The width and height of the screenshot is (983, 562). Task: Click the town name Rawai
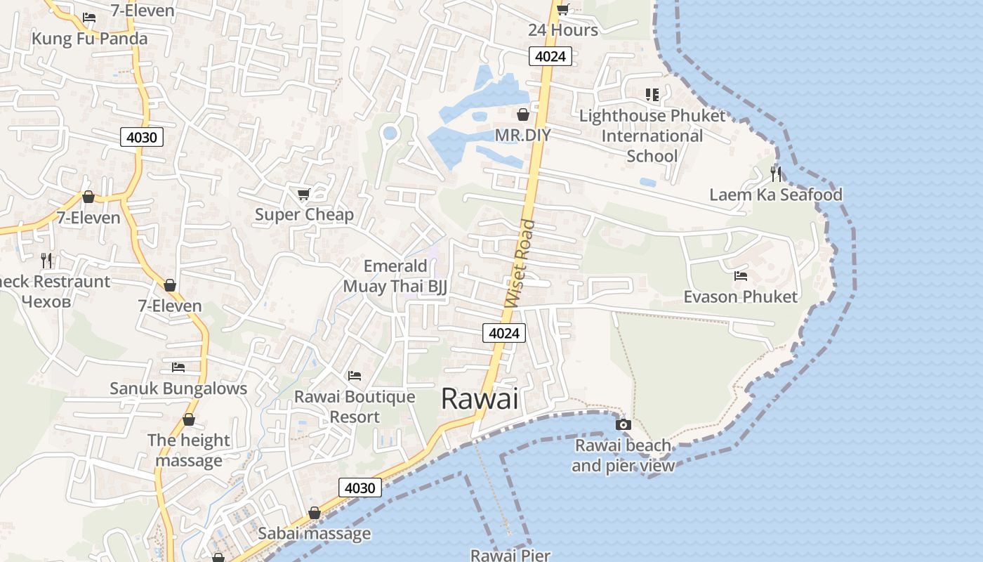tap(480, 399)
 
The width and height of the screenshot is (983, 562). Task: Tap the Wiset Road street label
tap(520, 264)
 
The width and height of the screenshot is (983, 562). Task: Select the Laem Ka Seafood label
tap(775, 195)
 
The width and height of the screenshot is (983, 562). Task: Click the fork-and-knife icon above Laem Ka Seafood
tap(776, 174)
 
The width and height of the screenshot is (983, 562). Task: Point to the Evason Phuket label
tap(740, 296)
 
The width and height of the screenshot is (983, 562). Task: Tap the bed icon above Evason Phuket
tap(740, 276)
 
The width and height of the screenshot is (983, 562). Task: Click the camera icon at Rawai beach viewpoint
tap(623, 424)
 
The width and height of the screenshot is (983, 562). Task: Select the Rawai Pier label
tap(510, 555)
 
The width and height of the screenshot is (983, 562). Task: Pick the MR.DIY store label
tap(522, 134)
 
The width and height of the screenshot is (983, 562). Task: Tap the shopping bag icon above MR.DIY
tap(523, 115)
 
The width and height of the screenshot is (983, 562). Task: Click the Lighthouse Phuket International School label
tap(652, 136)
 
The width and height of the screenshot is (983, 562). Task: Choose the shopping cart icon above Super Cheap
tap(303, 194)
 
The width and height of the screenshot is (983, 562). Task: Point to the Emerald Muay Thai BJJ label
tap(395, 276)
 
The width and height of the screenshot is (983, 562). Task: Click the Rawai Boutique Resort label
tap(355, 407)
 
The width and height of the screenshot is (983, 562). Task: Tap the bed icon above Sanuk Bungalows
tap(178, 367)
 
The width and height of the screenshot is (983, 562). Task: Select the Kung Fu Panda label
tap(90, 38)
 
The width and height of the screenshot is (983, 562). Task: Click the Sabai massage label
tap(314, 533)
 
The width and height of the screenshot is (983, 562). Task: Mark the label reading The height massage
tap(188, 450)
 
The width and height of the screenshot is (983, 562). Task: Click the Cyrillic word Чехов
tap(46, 302)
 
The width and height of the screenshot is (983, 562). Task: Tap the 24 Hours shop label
tap(563, 30)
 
